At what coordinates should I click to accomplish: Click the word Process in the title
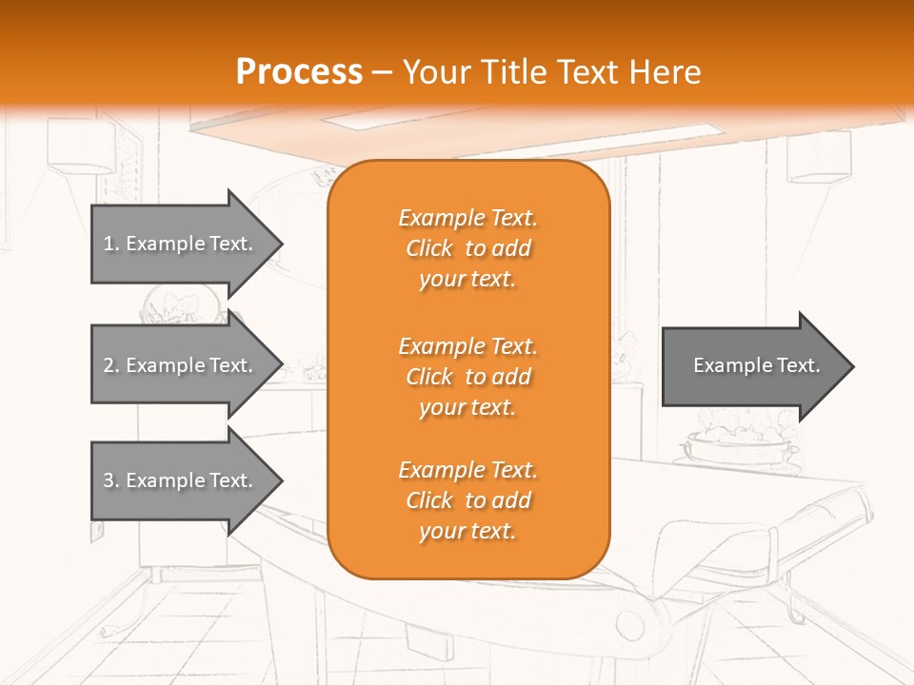(299, 72)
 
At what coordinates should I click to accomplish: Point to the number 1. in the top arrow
(111, 244)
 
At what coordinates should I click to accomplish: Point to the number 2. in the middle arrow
(111, 365)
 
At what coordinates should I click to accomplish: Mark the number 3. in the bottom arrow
(111, 480)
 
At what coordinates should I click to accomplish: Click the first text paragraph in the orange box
(467, 248)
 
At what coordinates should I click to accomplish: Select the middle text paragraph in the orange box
(467, 377)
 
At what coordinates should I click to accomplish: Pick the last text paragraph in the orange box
(467, 500)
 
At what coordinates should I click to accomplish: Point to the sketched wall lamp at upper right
(819, 157)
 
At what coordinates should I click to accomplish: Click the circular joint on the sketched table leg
(629, 624)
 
